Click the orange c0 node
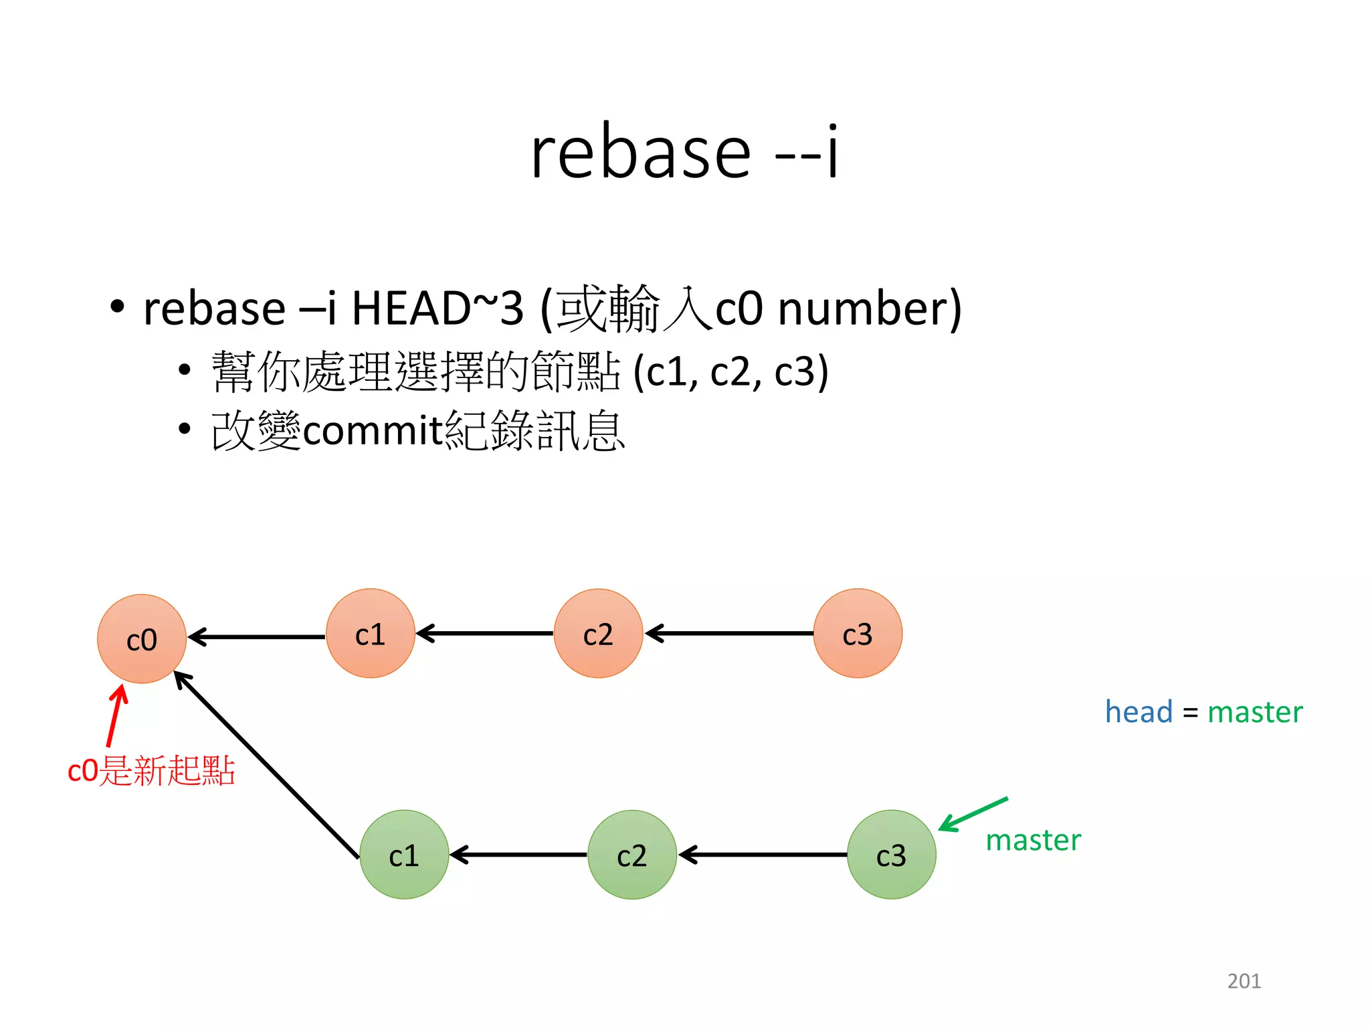142,638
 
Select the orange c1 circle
370,633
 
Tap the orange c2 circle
598,633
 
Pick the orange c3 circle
858,633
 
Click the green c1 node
404,855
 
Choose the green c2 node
632,855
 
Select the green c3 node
891,855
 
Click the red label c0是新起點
151,770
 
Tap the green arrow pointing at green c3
973,814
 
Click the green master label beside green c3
1033,840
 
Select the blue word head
1139,711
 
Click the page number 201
1244,980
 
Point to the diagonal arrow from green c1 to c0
266,764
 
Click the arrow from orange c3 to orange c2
729,633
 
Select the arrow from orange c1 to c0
257,636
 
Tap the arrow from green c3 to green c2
763,855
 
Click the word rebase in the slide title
641,154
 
